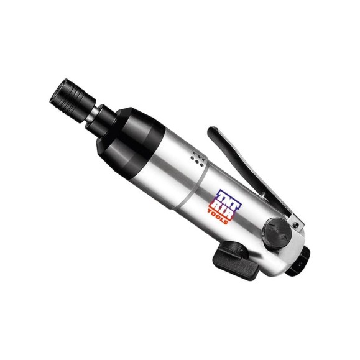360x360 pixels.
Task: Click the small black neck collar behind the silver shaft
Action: [103, 120]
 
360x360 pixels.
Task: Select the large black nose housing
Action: [130, 142]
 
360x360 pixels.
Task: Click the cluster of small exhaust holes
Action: [198, 159]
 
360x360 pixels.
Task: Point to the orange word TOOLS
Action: [218, 217]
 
